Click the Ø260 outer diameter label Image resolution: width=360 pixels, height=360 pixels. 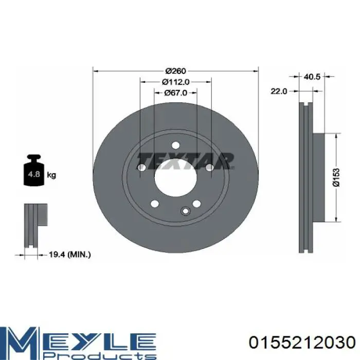176,71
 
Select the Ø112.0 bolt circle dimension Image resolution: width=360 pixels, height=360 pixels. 176,82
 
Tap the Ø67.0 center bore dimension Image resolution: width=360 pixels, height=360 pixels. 176,93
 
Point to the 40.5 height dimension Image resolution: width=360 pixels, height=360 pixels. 312,77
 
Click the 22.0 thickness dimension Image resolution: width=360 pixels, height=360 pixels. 279,91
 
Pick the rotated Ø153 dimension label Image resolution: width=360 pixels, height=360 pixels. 336,177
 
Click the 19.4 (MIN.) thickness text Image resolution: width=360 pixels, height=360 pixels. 70,255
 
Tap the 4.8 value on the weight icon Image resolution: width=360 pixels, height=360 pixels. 34,174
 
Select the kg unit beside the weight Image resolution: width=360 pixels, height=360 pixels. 51,175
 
